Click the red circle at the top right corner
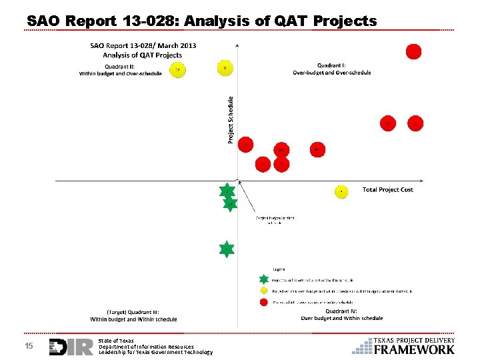point(414,51)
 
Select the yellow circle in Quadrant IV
point(341,191)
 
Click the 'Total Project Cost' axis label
point(387,190)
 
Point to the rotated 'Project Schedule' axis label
point(231,119)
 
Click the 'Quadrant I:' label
point(331,65)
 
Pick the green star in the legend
point(264,280)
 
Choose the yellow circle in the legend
point(264,291)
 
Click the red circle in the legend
point(264,302)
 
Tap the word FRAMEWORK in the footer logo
point(414,349)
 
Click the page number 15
point(29,346)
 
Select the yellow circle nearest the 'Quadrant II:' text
point(177,70)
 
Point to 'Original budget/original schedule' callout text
point(275,220)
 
